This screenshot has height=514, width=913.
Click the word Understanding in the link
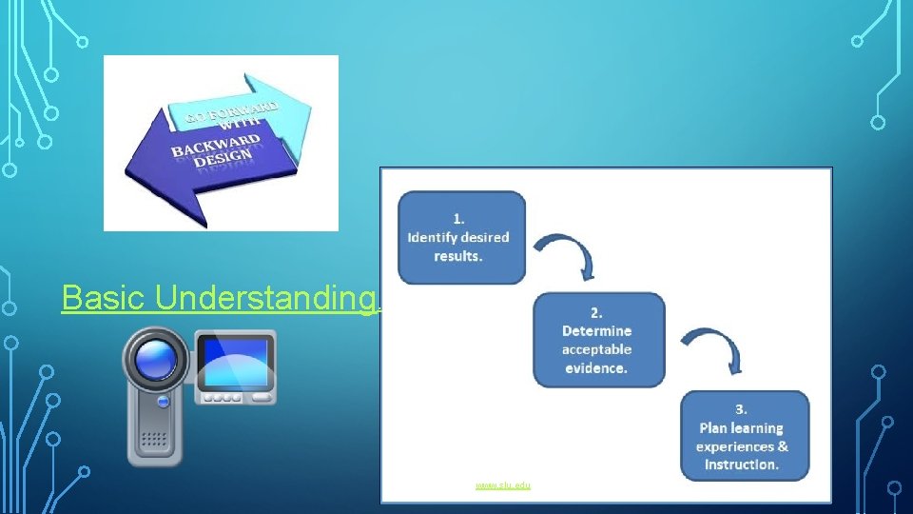click(265, 298)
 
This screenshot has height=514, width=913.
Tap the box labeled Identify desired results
click(461, 237)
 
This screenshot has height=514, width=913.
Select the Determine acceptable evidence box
click(598, 340)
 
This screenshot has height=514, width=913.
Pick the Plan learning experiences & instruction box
click(744, 436)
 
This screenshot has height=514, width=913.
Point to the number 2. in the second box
click(596, 311)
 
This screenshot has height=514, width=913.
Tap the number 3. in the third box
click(742, 409)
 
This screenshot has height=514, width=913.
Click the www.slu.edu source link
click(503, 484)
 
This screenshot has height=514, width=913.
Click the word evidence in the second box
click(594, 368)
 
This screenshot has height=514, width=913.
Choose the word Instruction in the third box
click(742, 465)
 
